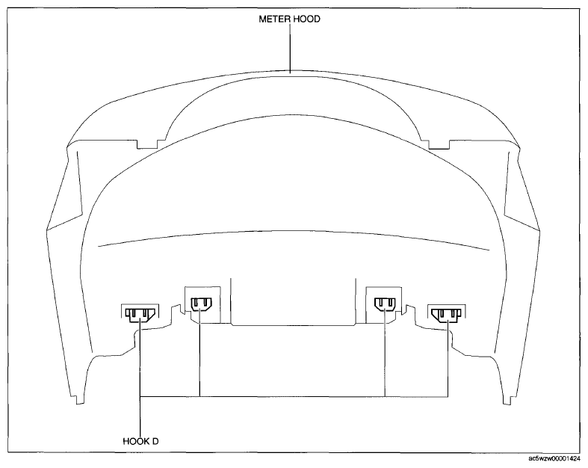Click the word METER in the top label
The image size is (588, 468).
click(274, 19)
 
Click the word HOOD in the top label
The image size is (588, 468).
click(307, 19)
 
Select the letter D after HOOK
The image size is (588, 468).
click(155, 441)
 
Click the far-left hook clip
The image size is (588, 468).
click(140, 315)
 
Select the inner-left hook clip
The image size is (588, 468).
click(202, 304)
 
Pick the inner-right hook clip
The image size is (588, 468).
click(385, 304)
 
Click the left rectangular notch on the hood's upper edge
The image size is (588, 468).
click(147, 144)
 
